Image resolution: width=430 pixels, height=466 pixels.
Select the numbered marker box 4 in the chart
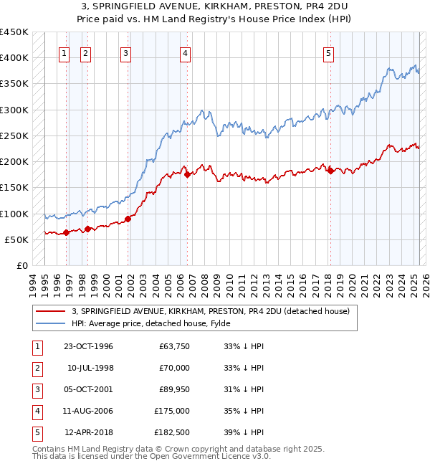185,52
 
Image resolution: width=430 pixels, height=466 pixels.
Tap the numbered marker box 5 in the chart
328,52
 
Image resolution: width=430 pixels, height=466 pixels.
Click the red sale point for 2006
186,174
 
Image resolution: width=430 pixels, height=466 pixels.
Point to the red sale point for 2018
330,171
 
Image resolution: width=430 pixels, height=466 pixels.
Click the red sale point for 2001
128,219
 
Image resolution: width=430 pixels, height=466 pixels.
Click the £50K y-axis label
16,239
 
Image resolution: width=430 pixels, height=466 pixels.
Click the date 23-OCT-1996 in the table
88,346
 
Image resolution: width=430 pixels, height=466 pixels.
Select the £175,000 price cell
172,411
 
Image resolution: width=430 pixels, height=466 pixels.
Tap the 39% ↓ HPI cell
244,432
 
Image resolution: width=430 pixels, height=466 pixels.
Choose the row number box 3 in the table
36,389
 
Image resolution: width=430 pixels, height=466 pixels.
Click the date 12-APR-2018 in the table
89,432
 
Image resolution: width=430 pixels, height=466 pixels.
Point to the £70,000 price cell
174,368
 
